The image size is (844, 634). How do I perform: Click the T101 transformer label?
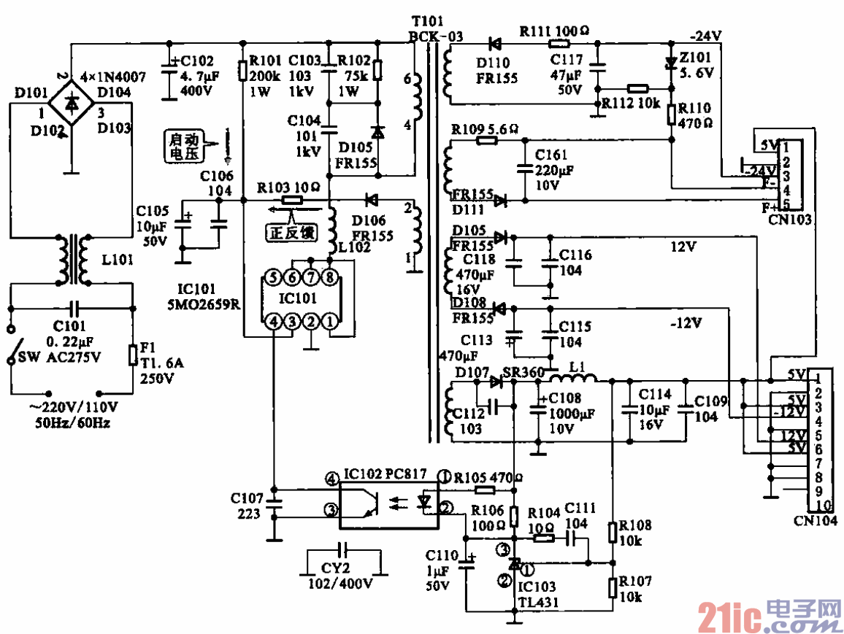(427, 23)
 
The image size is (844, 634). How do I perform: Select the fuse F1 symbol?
(132, 354)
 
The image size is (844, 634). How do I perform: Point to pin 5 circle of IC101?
(272, 277)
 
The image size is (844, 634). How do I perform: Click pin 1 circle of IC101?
(332, 320)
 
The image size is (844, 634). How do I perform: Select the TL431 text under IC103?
(538, 602)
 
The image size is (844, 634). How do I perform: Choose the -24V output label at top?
(706, 35)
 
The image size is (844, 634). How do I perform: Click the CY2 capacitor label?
(336, 568)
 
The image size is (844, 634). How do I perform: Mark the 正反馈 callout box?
(291, 233)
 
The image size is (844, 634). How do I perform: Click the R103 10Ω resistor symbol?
(293, 199)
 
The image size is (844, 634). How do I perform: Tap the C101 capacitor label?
(69, 327)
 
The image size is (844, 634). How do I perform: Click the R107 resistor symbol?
(613, 587)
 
